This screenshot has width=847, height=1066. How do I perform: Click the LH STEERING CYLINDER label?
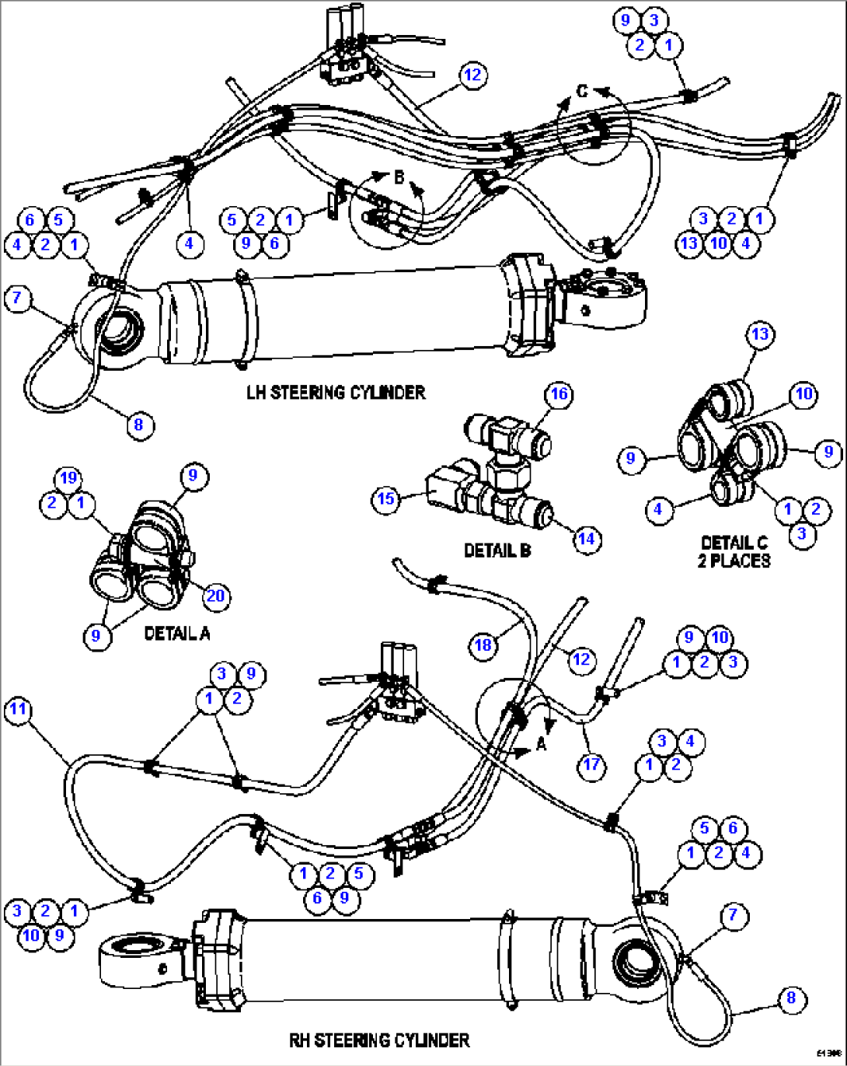[336, 392]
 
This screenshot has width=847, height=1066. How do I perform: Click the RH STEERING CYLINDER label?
[379, 1040]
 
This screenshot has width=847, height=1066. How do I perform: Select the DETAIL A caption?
[177, 634]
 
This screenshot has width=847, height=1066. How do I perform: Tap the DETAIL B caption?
[497, 550]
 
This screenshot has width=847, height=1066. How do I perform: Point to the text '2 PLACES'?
[734, 561]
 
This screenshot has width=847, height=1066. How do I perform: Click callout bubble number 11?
[18, 710]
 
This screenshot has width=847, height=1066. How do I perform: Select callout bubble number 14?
[587, 539]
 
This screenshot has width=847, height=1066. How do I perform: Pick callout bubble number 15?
[386, 498]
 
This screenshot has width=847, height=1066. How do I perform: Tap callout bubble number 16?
[559, 394]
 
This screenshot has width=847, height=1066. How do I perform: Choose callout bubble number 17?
[591, 765]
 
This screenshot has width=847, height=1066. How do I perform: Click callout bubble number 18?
[483, 645]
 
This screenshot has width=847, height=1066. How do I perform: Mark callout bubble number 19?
[68, 477]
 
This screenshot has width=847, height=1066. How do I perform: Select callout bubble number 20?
[215, 596]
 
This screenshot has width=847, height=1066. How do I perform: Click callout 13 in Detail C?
[760, 334]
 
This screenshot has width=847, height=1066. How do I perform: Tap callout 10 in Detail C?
[804, 394]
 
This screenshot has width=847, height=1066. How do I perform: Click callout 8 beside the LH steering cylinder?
[139, 425]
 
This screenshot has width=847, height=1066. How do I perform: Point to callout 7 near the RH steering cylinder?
[733, 915]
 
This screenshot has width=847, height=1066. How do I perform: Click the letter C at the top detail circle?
[582, 92]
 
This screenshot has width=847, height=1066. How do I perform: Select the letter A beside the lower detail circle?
[542, 745]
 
